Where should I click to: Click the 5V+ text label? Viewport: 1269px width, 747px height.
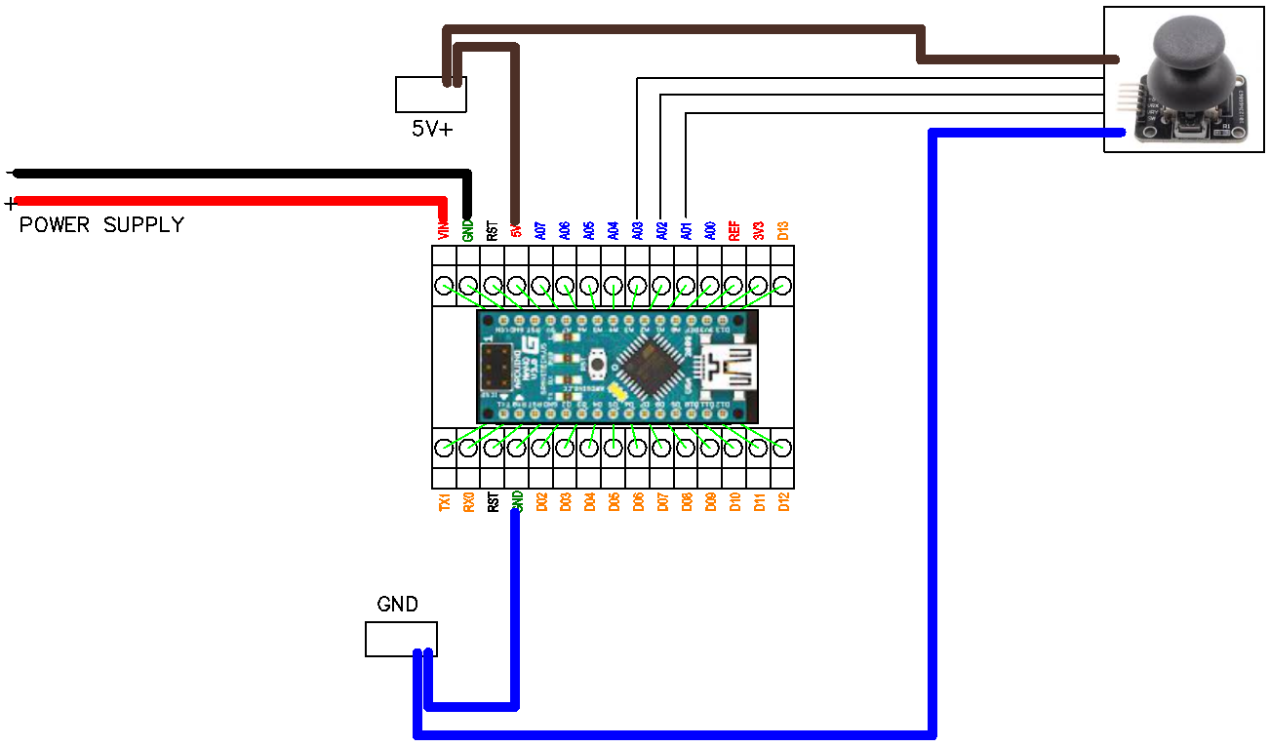tap(431, 128)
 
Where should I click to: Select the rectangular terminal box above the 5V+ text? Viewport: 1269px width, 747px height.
tap(430, 95)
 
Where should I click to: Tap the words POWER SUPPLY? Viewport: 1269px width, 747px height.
tap(101, 225)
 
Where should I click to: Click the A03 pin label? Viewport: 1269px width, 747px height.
tap(637, 230)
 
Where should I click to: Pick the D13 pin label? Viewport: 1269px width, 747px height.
tap(782, 230)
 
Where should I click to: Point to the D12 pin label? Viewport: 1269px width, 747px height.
tap(782, 502)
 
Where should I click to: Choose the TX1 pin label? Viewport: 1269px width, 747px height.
tap(445, 502)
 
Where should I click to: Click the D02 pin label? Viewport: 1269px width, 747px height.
tap(541, 502)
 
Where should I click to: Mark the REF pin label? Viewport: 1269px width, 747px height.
tap(734, 230)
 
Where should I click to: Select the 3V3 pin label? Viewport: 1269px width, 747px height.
tap(758, 230)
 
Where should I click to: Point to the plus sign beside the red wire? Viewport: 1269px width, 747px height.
tap(11, 204)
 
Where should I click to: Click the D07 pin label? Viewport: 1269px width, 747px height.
tap(662, 502)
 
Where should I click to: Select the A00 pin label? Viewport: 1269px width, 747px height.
tap(710, 230)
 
